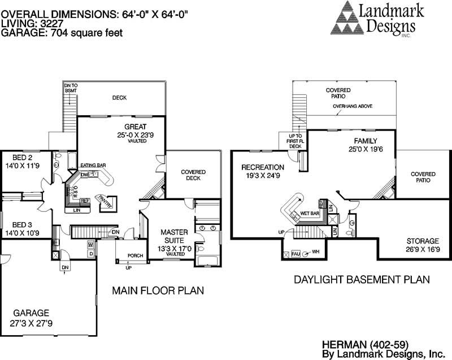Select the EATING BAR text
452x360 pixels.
(x=93, y=165)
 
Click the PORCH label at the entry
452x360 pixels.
(x=135, y=255)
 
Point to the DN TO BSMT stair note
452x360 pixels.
(x=70, y=88)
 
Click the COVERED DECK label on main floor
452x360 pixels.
(x=193, y=175)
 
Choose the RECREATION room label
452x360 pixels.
(x=262, y=172)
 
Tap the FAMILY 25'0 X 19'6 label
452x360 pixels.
(x=366, y=145)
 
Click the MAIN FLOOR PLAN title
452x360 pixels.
(x=158, y=290)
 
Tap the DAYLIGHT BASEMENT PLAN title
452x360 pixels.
(x=362, y=279)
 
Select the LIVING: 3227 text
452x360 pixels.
(x=31, y=24)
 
